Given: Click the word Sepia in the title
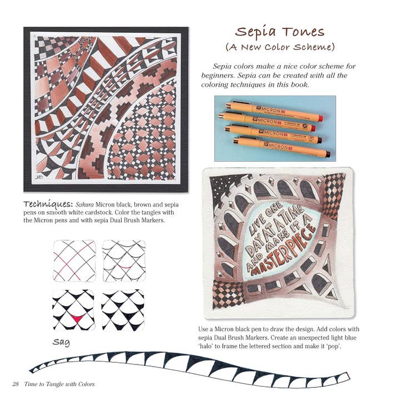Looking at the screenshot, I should tap(257, 32).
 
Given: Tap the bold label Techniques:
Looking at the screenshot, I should tap(48, 203).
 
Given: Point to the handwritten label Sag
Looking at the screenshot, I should tap(61, 342).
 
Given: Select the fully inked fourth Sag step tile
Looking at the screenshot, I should tap(123, 309).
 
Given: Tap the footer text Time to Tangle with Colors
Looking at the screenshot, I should tap(59, 384).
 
